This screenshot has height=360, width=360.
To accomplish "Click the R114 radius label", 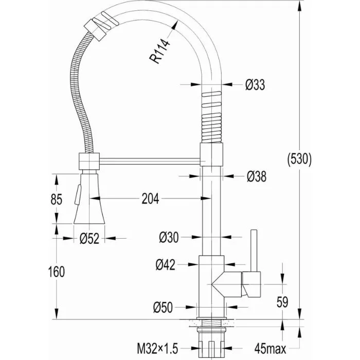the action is [159, 51].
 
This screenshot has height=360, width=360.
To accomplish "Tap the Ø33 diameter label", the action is [255, 84].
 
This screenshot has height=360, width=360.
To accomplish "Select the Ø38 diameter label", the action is [257, 176].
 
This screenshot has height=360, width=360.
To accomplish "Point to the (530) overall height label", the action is [299, 159].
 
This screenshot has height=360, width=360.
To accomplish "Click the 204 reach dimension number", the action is [150, 199].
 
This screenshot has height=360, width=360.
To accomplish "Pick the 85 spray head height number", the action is [57, 199].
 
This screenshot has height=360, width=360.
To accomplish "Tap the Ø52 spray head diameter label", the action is [89, 239].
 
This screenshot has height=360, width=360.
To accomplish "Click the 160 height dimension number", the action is [57, 272].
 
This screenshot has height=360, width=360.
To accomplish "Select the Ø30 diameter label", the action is [169, 237].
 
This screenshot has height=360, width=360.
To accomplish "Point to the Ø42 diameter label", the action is [165, 265].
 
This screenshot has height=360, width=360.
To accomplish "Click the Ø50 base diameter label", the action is [163, 307].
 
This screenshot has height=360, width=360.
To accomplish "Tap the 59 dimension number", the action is [282, 302].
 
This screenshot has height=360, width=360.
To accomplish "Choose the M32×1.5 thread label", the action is [157, 349].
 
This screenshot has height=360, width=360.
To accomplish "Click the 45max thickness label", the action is [270, 349].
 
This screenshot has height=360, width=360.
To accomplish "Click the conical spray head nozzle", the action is [89, 199].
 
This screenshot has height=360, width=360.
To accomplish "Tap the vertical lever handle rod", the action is [254, 250].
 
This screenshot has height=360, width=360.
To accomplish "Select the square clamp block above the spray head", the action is [89, 161].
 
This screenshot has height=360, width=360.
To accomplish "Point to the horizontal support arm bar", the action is [150, 161].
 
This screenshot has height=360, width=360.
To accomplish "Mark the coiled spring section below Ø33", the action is [211, 117].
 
